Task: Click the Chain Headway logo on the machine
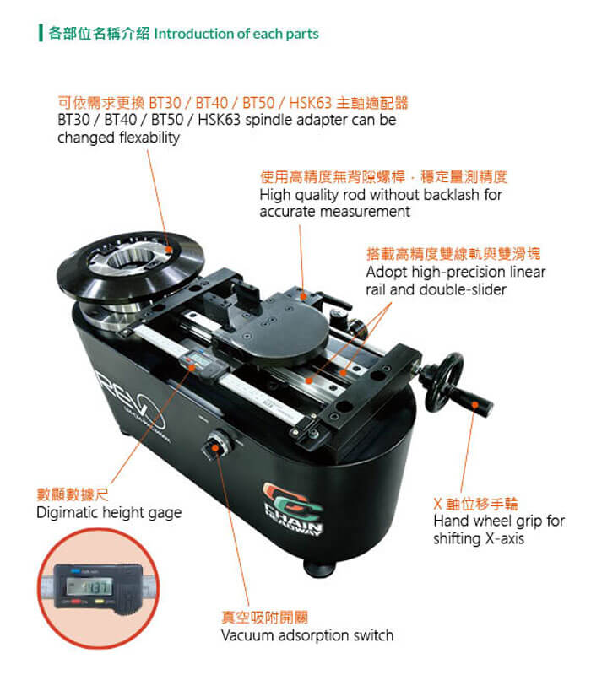(x=292, y=510)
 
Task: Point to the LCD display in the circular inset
(x=89, y=586)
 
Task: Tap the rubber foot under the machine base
(x=318, y=568)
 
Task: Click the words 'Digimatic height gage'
(x=109, y=513)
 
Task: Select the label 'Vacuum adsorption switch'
(x=307, y=635)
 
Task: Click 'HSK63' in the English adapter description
(x=219, y=120)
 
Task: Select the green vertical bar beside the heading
(x=41, y=33)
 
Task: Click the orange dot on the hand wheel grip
(x=474, y=405)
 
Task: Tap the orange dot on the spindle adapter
(x=169, y=250)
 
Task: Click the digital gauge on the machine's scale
(x=199, y=363)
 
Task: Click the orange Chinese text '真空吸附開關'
(x=264, y=618)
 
